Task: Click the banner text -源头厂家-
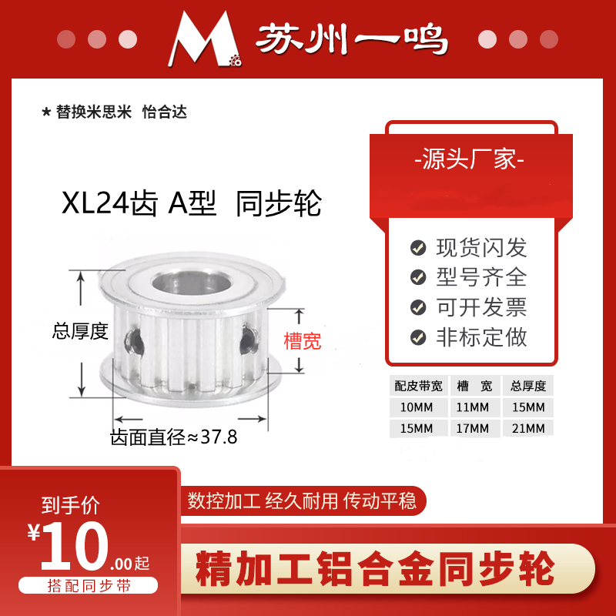pyautogui.click(x=470, y=161)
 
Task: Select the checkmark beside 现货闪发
pyautogui.click(x=418, y=248)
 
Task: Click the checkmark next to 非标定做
pyautogui.click(x=418, y=337)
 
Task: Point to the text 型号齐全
pyautogui.click(x=481, y=277)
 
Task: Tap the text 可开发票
pyautogui.click(x=481, y=307)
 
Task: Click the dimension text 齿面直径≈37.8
pyautogui.click(x=174, y=438)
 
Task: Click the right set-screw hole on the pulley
pyautogui.click(x=248, y=336)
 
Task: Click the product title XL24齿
pyautogui.click(x=109, y=205)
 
